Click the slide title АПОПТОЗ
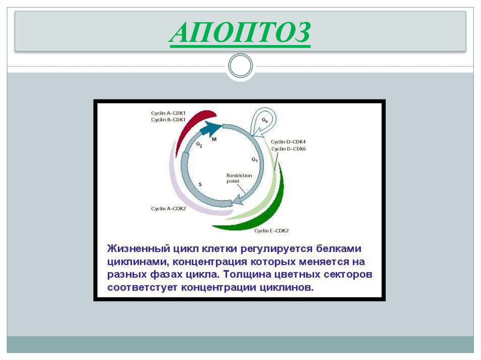tap(240, 33)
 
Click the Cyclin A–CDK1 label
tap(168, 113)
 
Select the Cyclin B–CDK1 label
tap(168, 120)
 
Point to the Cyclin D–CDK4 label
tap(288, 142)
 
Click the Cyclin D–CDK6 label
tap(288, 149)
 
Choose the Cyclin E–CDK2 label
tap(272, 230)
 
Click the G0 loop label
tap(264, 121)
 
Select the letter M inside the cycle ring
tap(214, 139)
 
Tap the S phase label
tap(200, 184)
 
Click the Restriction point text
tap(239, 178)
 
